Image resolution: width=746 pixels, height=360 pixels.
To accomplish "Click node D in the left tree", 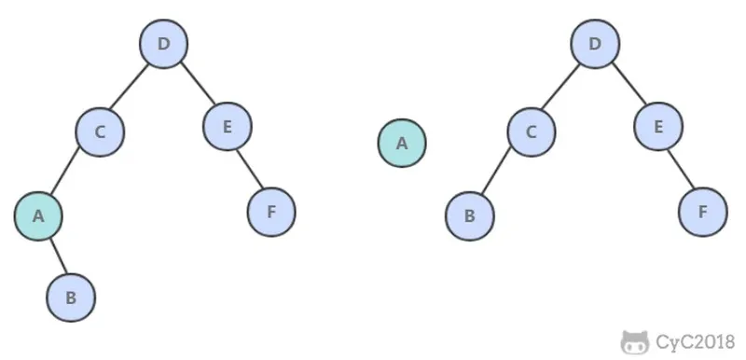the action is [x=164, y=44].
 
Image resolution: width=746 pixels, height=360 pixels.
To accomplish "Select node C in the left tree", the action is [x=100, y=132].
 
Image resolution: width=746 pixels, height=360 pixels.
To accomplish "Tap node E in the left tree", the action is [x=228, y=127].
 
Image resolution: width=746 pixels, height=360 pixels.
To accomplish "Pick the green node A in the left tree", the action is [x=38, y=215].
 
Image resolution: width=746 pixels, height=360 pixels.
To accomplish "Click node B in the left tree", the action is [x=71, y=298].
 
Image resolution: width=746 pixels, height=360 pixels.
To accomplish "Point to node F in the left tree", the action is [x=271, y=212].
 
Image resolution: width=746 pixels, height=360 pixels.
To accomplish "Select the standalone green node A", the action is [x=402, y=143].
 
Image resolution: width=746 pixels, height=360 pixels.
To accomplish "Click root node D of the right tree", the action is [x=595, y=44].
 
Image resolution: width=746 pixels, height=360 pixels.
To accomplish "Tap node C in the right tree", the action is [x=532, y=132].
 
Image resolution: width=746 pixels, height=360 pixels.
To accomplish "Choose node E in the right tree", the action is [x=658, y=127].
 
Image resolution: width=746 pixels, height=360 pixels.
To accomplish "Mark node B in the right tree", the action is [x=470, y=215].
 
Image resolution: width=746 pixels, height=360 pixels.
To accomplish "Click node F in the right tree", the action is [x=703, y=212].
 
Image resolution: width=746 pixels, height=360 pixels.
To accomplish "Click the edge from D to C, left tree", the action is [x=130, y=87].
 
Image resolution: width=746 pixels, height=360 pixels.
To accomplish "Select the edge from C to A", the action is [x=65, y=172].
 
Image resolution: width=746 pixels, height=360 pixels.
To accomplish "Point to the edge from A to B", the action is [x=59, y=256].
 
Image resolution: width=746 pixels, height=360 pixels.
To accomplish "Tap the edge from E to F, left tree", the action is [x=250, y=169].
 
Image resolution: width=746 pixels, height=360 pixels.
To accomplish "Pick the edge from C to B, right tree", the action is [x=496, y=172].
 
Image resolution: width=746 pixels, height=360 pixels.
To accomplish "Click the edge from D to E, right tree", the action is [x=629, y=83].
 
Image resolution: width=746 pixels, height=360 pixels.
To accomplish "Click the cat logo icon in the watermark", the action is [x=635, y=342].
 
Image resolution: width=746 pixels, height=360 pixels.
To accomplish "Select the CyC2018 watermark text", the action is [x=695, y=342].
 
